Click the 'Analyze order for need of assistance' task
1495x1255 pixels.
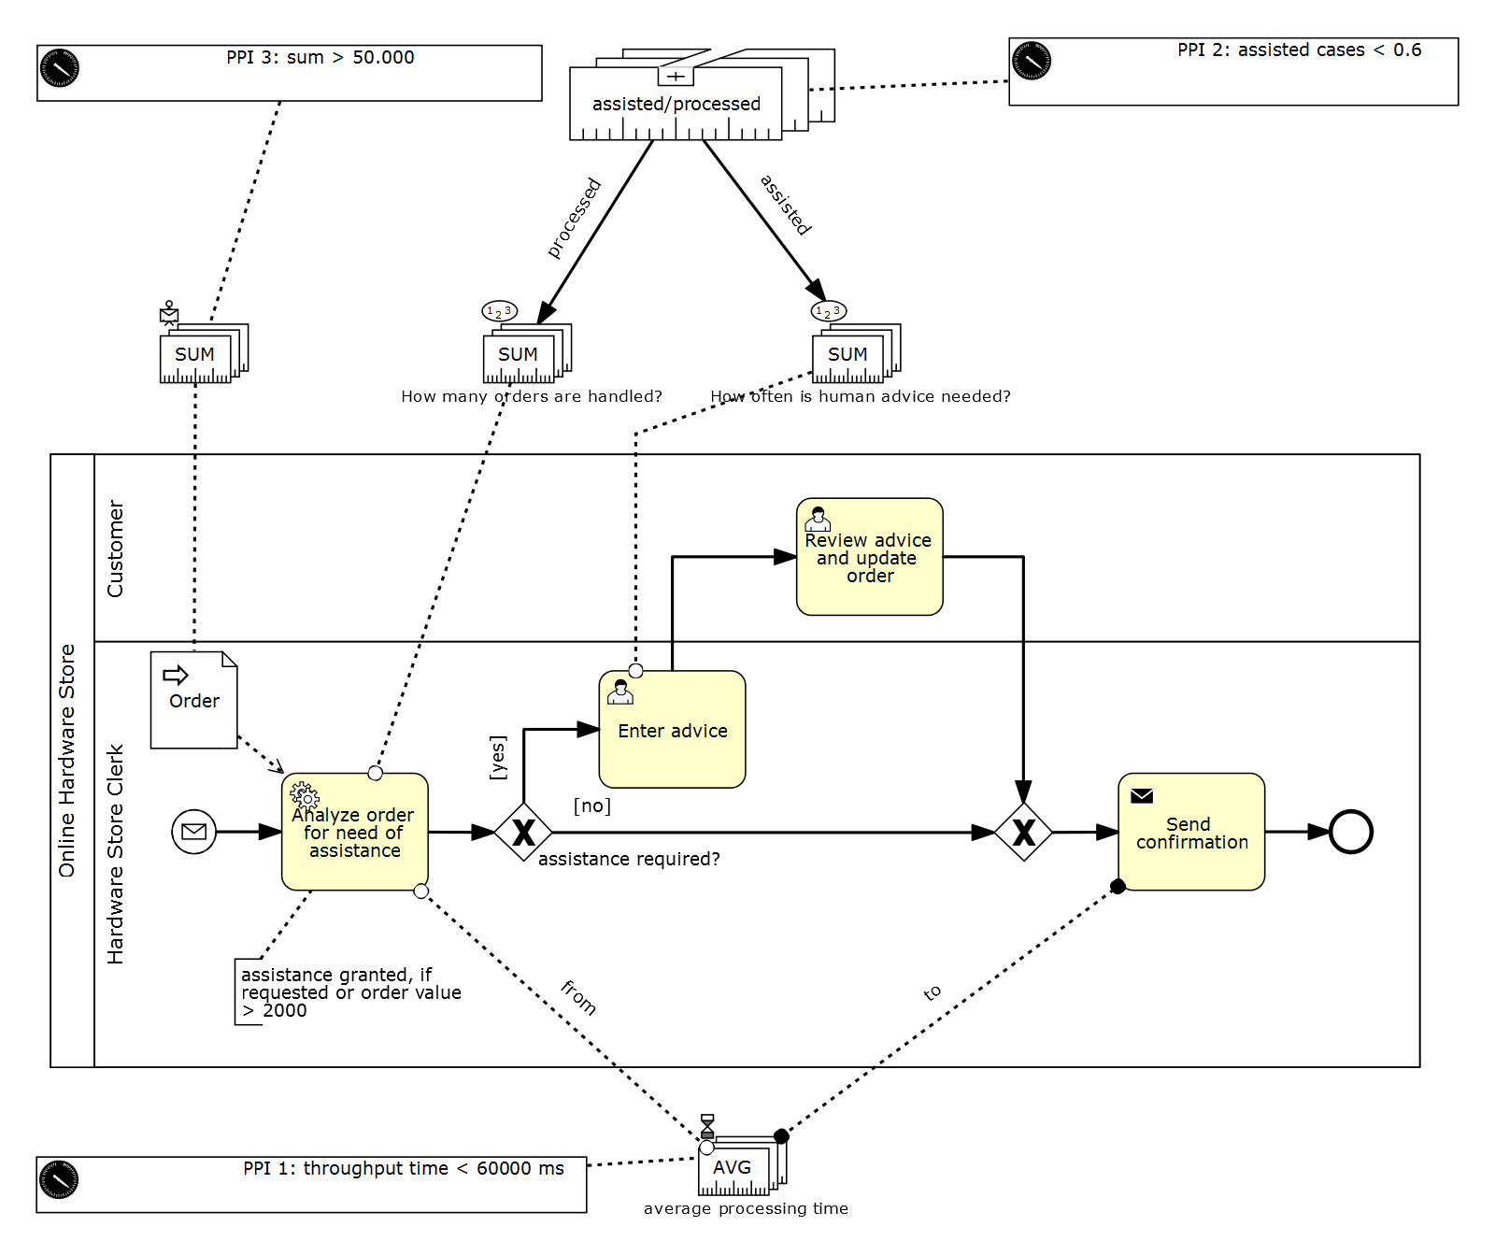tap(355, 832)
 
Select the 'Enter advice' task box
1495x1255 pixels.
tap(672, 730)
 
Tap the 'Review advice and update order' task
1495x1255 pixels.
tap(869, 557)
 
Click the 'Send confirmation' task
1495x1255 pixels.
tap(1191, 832)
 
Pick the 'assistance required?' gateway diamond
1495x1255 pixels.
tap(523, 832)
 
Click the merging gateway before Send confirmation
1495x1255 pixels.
tap(1023, 832)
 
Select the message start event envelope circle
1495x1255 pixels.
tap(194, 832)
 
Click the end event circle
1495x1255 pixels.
tap(1351, 832)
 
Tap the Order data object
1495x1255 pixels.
tap(194, 700)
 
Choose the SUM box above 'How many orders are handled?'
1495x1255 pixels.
tap(524, 354)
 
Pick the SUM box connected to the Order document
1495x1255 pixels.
tap(201, 354)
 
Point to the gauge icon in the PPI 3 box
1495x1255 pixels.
tap(60, 68)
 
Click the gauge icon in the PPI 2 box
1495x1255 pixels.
tap(1032, 61)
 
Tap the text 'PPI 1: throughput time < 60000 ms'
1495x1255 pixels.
tap(404, 1168)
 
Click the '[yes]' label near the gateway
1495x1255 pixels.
tap(498, 757)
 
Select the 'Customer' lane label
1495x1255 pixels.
tap(115, 549)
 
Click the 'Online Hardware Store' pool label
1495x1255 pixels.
tap(66, 761)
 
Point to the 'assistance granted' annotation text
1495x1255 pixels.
tap(351, 992)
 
